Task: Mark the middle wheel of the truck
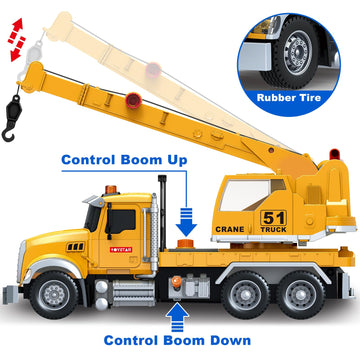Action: coord(246,294)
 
